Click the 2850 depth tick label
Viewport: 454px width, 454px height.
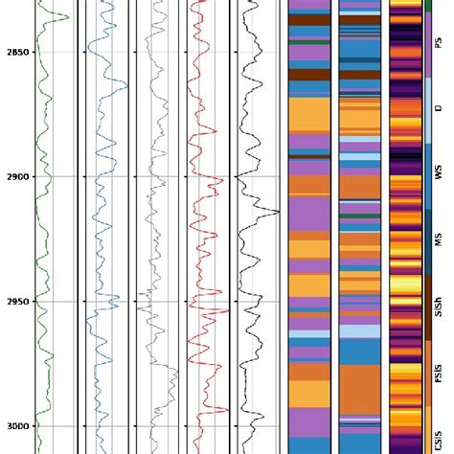click(x=15, y=52)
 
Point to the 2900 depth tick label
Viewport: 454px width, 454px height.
click(x=15, y=176)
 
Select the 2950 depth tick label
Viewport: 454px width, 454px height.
click(x=15, y=301)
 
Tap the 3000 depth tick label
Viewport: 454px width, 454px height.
click(x=15, y=425)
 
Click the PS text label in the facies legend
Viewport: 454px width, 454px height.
click(x=439, y=44)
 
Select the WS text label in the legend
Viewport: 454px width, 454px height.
click(x=439, y=173)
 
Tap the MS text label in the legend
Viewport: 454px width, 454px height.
click(x=439, y=237)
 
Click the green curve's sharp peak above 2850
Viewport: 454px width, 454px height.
click(x=67, y=17)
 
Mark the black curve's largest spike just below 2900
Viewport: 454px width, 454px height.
click(x=279, y=212)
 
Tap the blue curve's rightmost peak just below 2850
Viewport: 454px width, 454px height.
click(x=127, y=86)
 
